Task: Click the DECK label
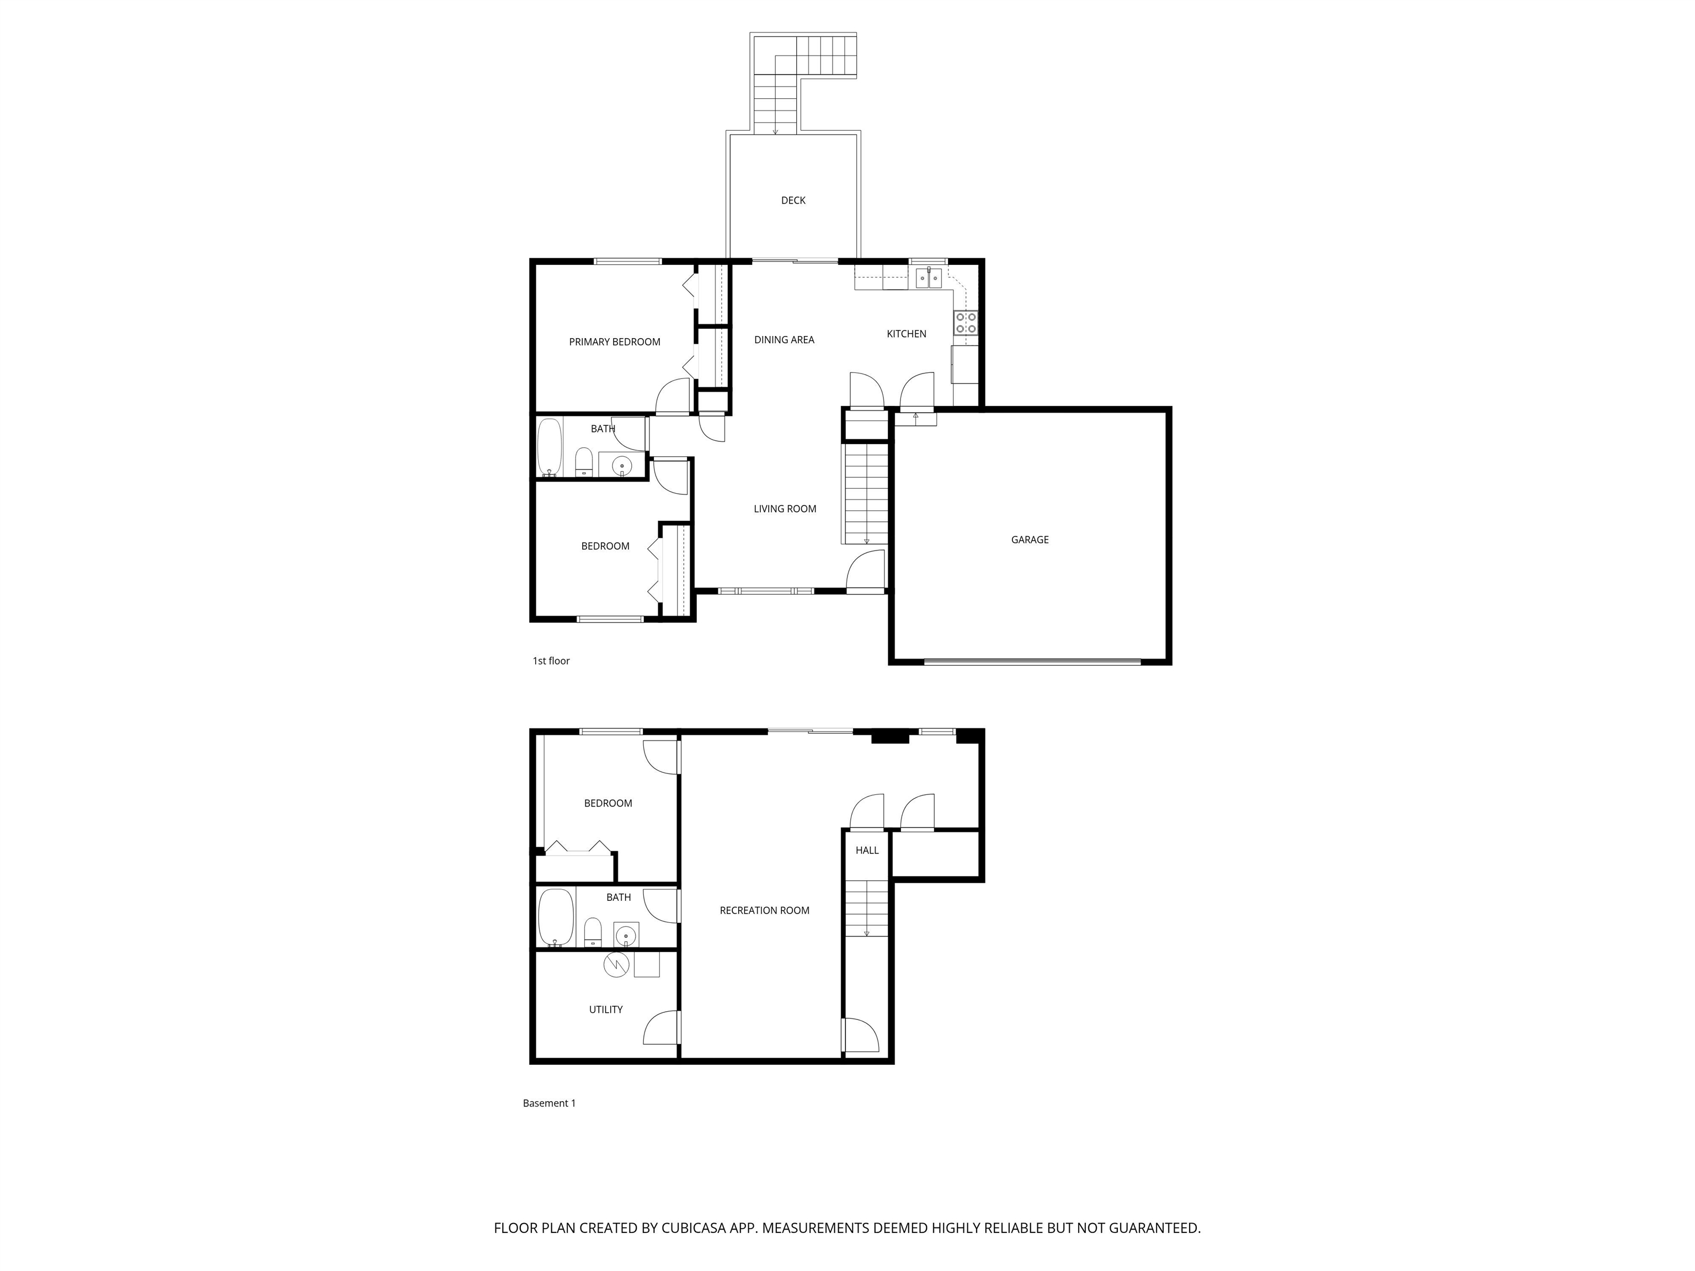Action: coord(793,201)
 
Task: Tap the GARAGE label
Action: coord(1030,540)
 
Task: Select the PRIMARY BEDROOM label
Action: coord(615,343)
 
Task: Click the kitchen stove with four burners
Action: coord(966,323)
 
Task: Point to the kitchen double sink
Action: coord(929,278)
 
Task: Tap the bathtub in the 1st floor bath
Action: coord(550,447)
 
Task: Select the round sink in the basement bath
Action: coord(626,936)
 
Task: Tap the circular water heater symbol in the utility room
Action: coord(616,964)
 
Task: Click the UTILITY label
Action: coord(605,1010)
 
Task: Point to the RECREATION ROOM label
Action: coord(765,911)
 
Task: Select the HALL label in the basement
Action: coord(867,851)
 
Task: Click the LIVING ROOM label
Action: coord(785,509)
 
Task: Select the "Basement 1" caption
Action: coord(548,1103)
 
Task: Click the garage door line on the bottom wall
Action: coord(1032,661)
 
